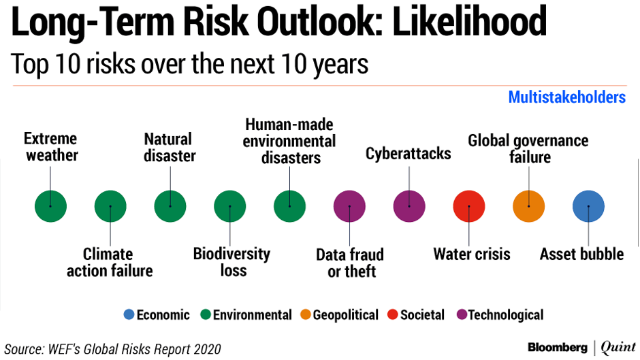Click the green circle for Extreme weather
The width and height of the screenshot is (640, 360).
(x=50, y=206)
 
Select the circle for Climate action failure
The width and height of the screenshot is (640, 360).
(x=110, y=206)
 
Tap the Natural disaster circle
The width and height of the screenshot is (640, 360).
(x=170, y=206)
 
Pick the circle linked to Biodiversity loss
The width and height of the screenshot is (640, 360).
(x=230, y=206)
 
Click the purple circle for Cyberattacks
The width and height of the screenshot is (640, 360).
(x=409, y=206)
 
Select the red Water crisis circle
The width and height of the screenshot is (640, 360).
(x=469, y=206)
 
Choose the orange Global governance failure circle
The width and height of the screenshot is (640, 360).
(x=529, y=206)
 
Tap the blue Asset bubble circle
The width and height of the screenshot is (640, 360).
(x=589, y=206)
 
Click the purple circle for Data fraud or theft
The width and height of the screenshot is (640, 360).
(x=349, y=206)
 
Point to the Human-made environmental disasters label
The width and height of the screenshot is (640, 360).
(x=290, y=142)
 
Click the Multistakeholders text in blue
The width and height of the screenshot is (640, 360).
(x=566, y=97)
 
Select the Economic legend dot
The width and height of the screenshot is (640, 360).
(x=129, y=315)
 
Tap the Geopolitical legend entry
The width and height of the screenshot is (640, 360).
(x=340, y=315)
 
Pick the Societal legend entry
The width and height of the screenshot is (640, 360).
(x=416, y=315)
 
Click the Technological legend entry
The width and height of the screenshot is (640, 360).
(x=500, y=315)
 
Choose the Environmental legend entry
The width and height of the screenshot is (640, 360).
(x=246, y=315)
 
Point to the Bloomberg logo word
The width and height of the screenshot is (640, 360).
(x=558, y=348)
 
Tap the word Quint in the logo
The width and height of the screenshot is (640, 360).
(x=618, y=348)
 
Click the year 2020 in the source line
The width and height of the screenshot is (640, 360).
(x=205, y=349)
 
